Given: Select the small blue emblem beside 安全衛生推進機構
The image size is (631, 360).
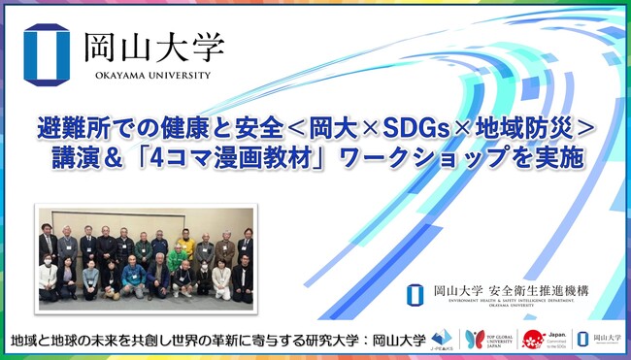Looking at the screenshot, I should coord(415,293).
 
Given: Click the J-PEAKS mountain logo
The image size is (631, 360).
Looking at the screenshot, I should coord(445,339).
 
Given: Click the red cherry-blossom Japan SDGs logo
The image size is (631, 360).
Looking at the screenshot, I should coord(533,339).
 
